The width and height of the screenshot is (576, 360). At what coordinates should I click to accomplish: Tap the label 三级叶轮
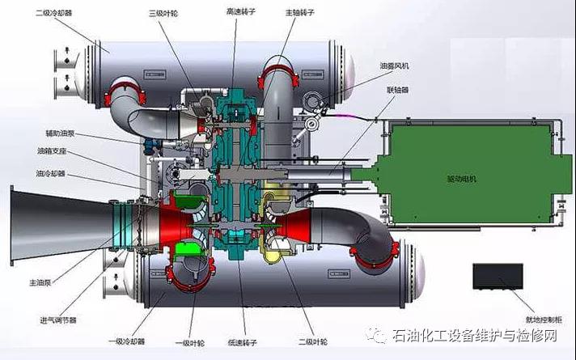tap(164, 14)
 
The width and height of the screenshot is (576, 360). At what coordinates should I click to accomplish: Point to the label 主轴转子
tap(300, 14)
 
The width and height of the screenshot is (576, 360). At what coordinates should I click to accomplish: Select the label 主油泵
tap(39, 282)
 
